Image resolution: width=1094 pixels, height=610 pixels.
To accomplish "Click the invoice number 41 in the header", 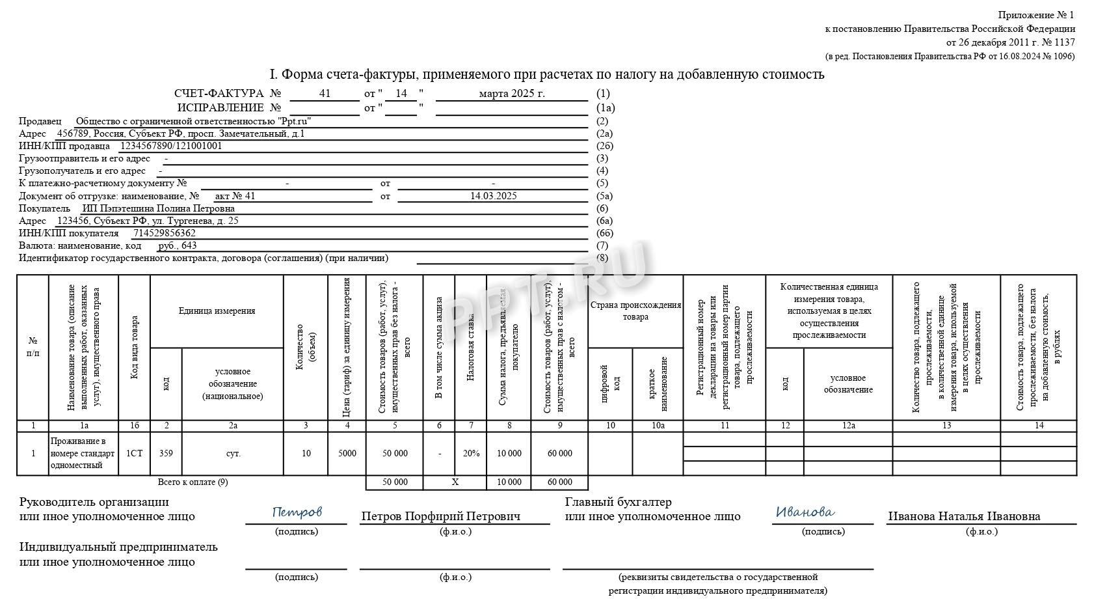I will click(x=325, y=94).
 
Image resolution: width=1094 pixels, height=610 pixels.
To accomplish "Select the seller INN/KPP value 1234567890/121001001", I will click(x=171, y=146).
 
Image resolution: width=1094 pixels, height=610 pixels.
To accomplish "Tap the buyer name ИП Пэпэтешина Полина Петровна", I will click(x=158, y=208).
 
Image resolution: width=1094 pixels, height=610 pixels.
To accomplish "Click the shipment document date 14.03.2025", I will click(x=493, y=195).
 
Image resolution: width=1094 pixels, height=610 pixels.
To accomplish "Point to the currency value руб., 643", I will click(x=178, y=245).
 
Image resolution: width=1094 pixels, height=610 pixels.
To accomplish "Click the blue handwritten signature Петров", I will click(x=297, y=512).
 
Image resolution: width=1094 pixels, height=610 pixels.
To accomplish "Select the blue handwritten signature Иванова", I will click(x=805, y=512).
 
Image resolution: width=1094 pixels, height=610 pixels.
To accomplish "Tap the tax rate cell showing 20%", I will click(x=471, y=453).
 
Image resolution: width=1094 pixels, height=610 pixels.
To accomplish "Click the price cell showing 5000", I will click(x=347, y=453).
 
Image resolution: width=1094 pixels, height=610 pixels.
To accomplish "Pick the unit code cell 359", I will click(x=166, y=453).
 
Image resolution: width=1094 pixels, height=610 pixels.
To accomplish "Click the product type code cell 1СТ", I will click(x=134, y=453).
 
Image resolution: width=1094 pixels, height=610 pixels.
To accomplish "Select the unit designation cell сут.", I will click(x=233, y=453).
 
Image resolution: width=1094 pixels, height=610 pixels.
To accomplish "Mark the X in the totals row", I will click(x=455, y=482).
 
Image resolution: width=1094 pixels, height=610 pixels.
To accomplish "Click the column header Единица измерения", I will click(x=217, y=311).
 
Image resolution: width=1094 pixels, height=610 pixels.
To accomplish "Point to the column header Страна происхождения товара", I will click(x=635, y=311).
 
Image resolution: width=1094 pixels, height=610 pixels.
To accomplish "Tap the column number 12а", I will click(x=848, y=425).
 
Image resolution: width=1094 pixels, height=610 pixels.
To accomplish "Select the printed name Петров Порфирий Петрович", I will click(x=440, y=516).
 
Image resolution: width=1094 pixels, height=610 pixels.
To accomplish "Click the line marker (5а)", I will click(x=605, y=195).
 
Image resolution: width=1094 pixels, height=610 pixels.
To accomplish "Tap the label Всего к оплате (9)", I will click(x=193, y=482).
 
